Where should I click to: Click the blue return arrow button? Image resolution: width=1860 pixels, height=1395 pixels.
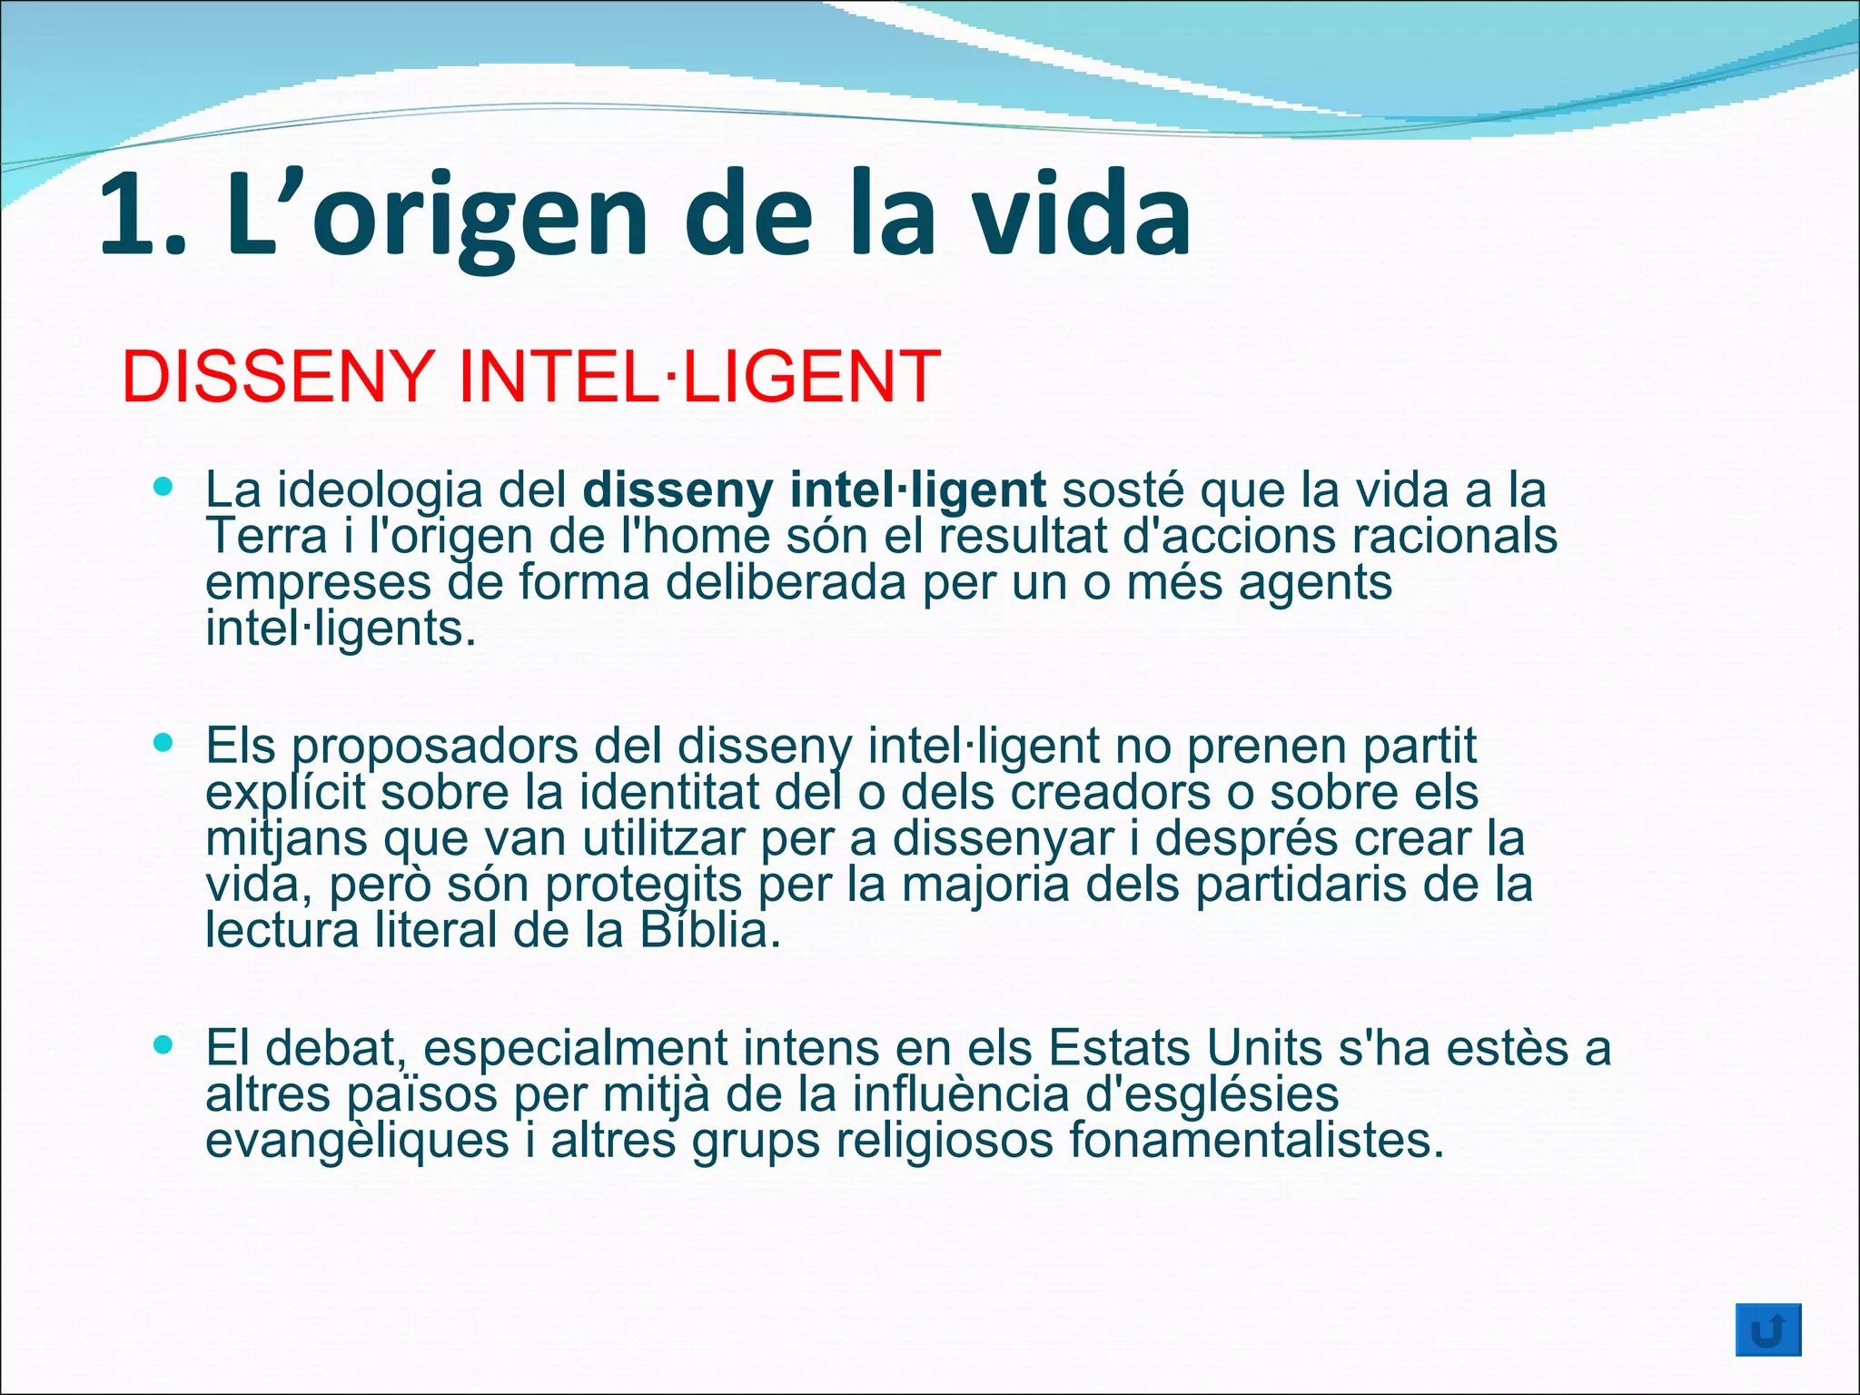pos(1767,1330)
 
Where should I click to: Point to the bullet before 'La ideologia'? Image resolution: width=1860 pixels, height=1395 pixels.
pos(163,487)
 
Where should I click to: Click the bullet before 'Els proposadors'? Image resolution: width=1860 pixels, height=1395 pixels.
pos(163,744)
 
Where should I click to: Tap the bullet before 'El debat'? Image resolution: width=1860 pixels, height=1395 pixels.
pos(163,1045)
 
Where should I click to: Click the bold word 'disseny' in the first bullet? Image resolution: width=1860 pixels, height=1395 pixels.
pos(678,490)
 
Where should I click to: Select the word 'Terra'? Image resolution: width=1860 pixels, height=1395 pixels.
pos(266,536)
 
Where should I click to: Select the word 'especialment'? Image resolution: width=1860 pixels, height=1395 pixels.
pos(575,1048)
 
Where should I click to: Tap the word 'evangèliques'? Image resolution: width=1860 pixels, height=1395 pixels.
pos(357,1141)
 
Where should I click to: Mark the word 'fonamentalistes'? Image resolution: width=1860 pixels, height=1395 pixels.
pos(1255,1141)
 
